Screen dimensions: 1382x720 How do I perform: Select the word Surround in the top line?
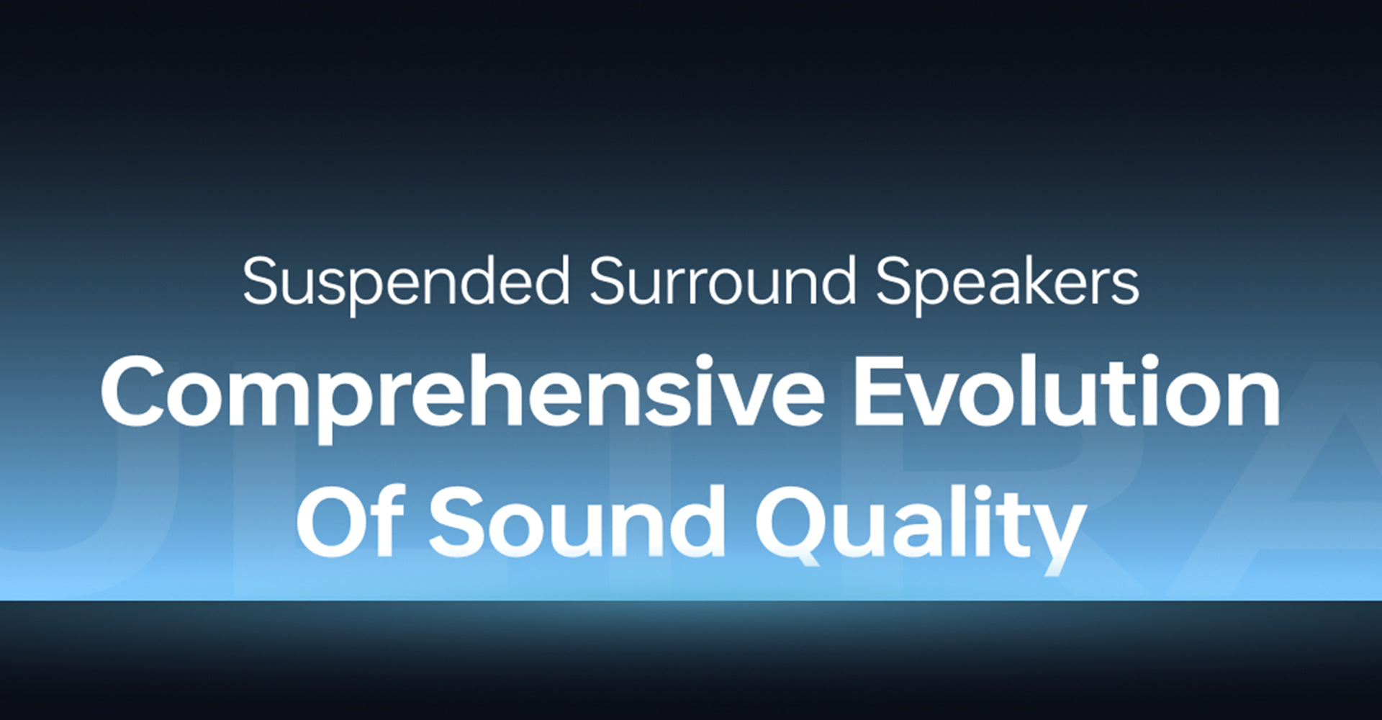click(723, 281)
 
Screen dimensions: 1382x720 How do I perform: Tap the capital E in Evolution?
click(881, 392)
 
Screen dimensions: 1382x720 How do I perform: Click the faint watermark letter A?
click(1296, 504)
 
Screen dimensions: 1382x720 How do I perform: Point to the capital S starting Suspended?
click(261, 281)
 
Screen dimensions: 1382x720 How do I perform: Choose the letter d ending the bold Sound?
click(695, 520)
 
